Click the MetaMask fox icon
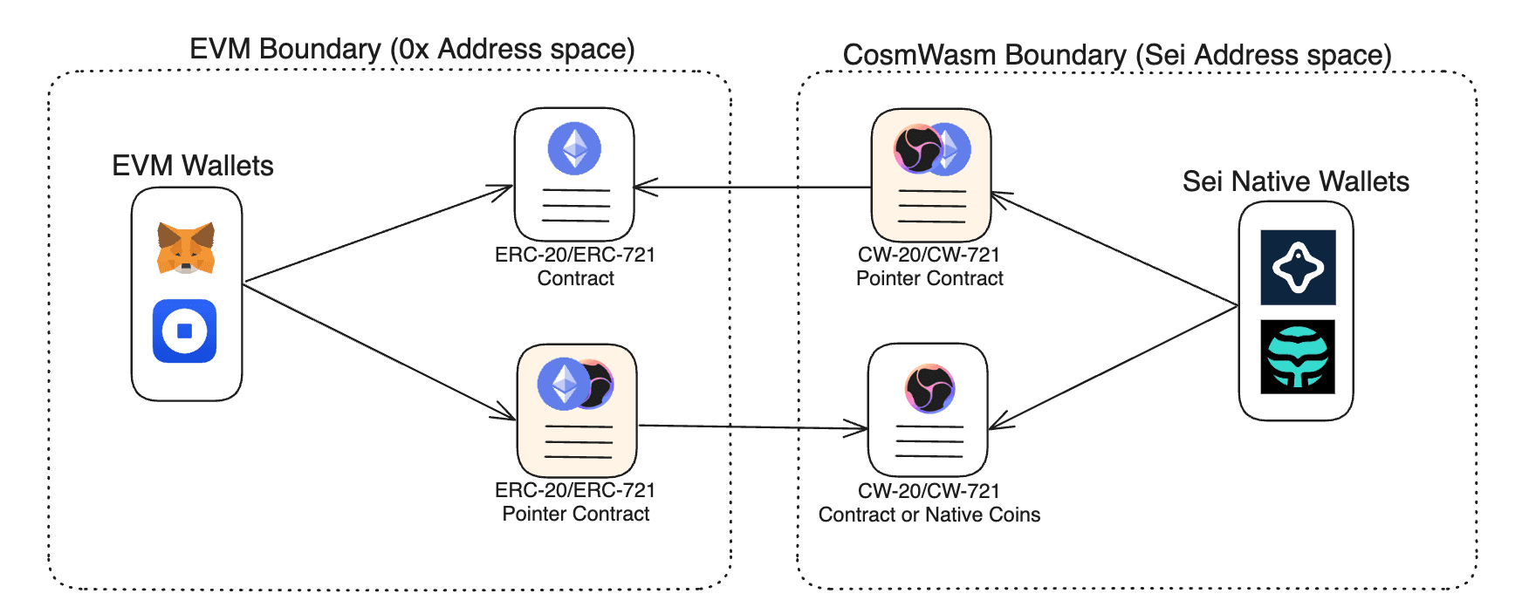(186, 248)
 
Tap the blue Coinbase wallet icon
(184, 331)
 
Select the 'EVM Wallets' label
(192, 166)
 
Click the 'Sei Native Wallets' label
(1295, 181)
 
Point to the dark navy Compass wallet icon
(1298, 267)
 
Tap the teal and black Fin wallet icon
(1298, 357)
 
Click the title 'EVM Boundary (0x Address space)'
(412, 49)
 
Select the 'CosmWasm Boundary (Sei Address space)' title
(1116, 55)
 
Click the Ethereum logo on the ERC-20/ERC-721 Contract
(574, 148)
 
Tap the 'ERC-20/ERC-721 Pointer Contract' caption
(575, 502)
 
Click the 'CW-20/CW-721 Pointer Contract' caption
(929, 267)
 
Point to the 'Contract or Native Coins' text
(929, 515)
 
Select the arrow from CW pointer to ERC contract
(751, 187)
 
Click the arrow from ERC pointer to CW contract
(751, 427)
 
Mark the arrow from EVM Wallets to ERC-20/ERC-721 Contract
(375, 235)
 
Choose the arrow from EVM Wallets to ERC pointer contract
(375, 350)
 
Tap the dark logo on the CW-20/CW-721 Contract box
(929, 388)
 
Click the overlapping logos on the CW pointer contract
(931, 149)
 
